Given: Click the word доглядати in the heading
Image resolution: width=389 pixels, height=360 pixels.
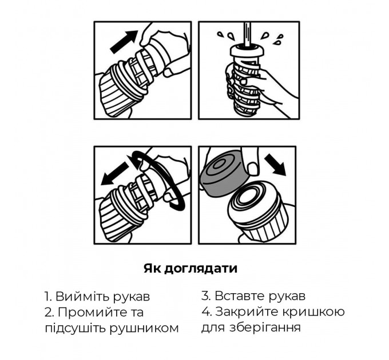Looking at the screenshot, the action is [201, 269].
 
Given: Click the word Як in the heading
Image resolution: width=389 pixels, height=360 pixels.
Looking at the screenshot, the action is [153, 269].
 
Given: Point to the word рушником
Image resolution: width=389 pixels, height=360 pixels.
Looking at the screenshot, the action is [144, 329].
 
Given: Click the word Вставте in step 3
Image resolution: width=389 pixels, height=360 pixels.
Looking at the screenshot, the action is [239, 295].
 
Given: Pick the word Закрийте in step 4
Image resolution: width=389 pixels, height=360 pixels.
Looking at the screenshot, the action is [248, 311].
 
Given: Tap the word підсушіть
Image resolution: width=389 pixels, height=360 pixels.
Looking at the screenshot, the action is [76, 329].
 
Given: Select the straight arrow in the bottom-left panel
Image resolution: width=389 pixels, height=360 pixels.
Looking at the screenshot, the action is [114, 174].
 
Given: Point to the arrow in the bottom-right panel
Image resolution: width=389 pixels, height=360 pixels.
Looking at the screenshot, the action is [275, 165].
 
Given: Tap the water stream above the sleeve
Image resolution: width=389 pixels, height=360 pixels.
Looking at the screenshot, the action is [247, 34].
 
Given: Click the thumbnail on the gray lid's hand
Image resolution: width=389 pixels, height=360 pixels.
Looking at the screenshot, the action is [253, 169].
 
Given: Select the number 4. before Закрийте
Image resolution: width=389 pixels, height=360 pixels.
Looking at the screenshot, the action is [207, 311].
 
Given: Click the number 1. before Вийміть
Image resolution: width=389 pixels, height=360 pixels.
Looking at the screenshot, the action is [49, 297].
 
